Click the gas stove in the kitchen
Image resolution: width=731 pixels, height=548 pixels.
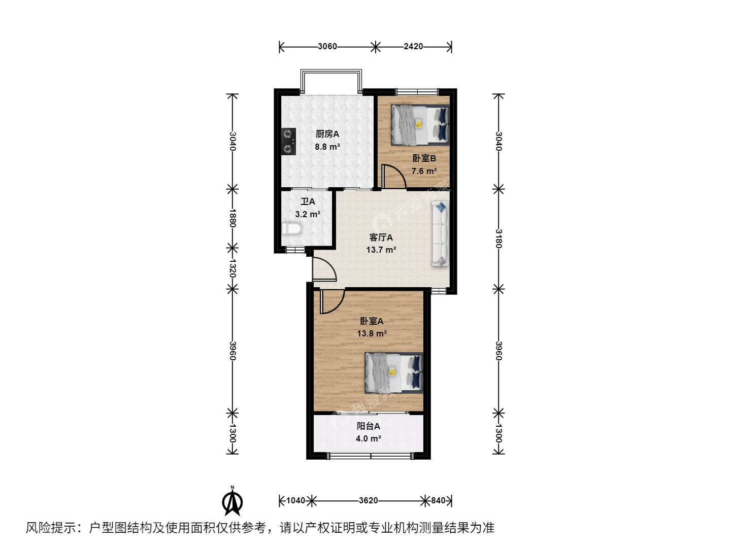288,142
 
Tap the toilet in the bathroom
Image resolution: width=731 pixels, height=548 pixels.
292,229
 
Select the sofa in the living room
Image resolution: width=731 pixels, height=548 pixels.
440,233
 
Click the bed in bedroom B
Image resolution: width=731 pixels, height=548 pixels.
420,125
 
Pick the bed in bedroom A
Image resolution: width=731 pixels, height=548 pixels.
393,372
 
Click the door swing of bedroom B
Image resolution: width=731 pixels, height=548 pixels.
394,177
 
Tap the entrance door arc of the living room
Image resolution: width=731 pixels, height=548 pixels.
324,269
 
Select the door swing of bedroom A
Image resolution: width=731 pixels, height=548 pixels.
333,301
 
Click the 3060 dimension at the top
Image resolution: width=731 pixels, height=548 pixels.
327,47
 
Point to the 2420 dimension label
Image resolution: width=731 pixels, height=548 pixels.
413,47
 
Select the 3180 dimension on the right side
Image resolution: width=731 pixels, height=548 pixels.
498,238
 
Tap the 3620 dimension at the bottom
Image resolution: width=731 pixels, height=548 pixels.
369,500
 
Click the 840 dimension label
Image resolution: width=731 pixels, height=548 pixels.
438,500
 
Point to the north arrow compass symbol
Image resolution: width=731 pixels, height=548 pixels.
232,501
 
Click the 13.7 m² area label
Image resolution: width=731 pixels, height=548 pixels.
381,250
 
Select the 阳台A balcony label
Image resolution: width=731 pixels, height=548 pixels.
369,426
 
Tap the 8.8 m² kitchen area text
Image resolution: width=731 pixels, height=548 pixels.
327,147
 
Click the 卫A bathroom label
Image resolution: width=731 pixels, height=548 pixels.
308,201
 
